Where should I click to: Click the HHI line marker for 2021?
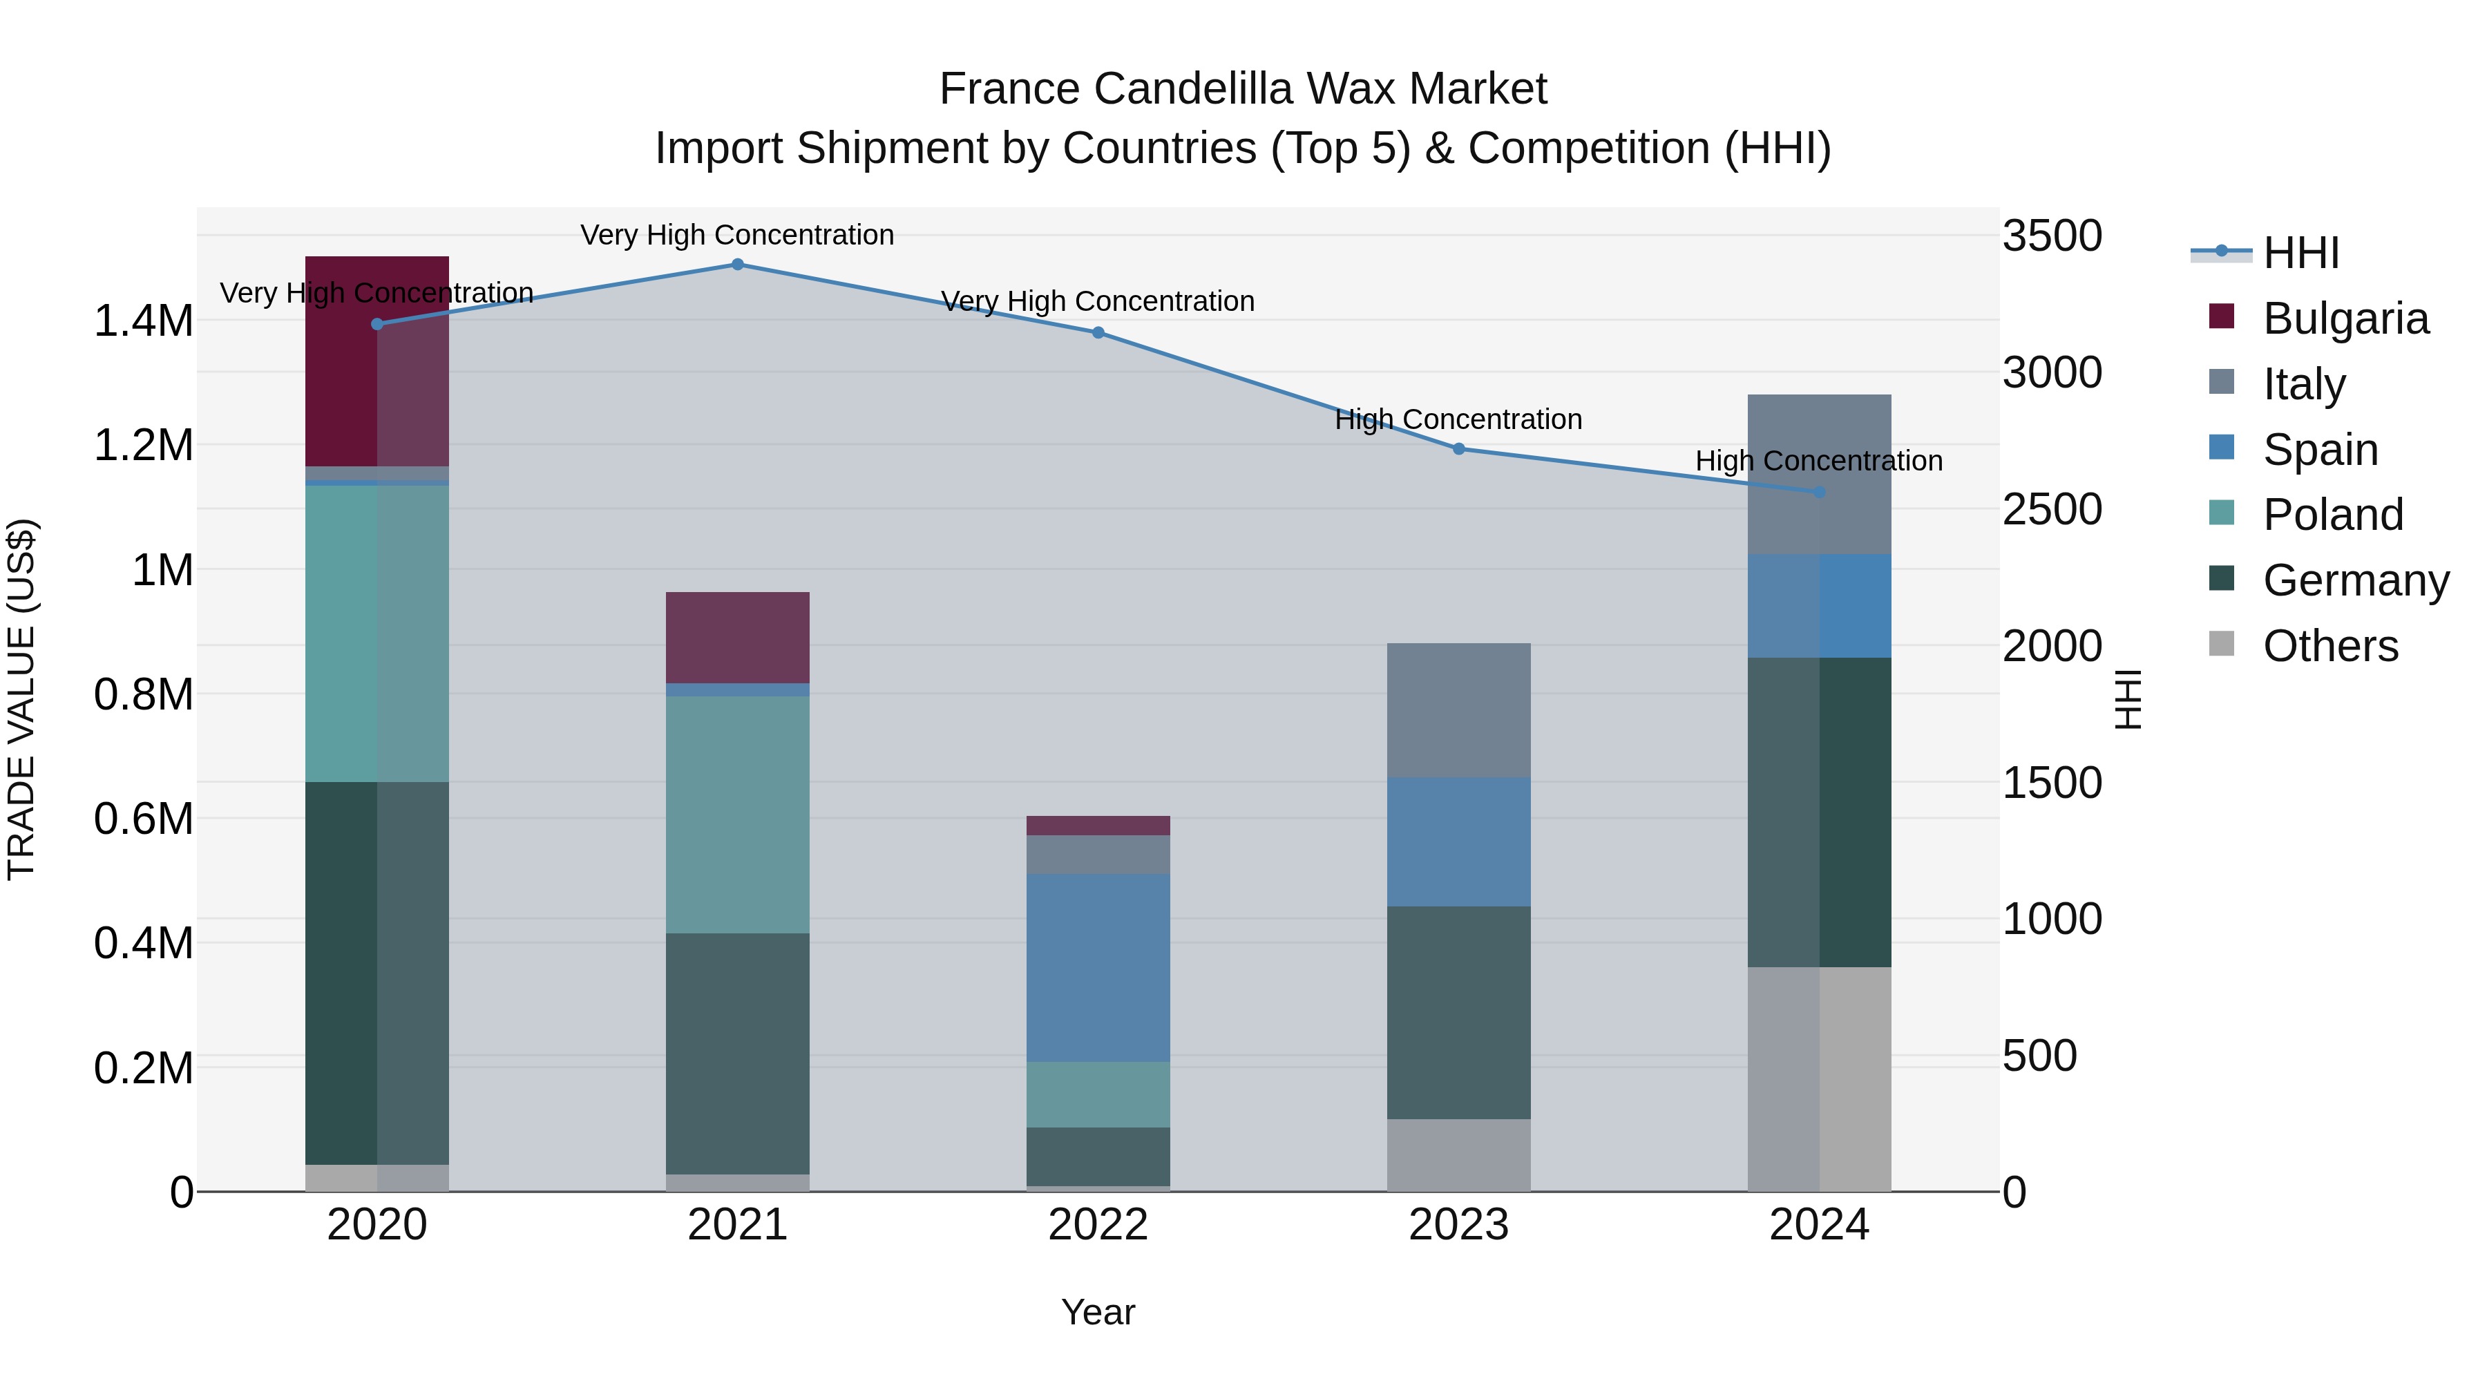coord(738,265)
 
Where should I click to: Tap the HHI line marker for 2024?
coord(1819,493)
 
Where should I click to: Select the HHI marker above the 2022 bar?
coord(1098,333)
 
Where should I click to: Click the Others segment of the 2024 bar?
coord(1819,1078)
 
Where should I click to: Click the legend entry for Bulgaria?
coord(2345,318)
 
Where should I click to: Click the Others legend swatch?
coord(2222,644)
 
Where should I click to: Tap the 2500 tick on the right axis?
coord(2052,510)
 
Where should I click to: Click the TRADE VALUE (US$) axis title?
coord(21,699)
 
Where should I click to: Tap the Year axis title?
coord(1098,1312)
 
